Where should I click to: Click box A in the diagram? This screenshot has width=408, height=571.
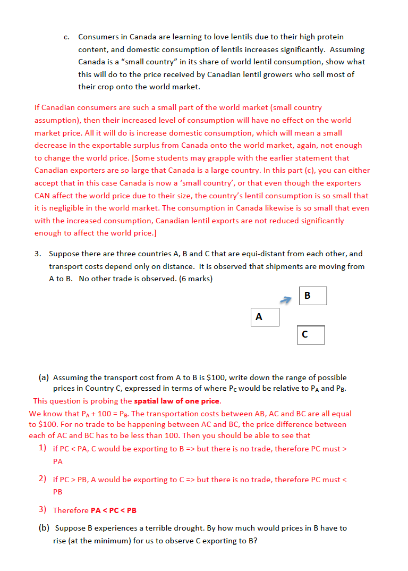(x=265, y=317)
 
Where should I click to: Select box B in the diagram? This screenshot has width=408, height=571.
(x=312, y=296)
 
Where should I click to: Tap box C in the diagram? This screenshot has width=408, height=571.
(x=310, y=334)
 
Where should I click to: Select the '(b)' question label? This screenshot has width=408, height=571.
(x=44, y=528)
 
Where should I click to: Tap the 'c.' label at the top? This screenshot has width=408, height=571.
(x=67, y=37)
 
